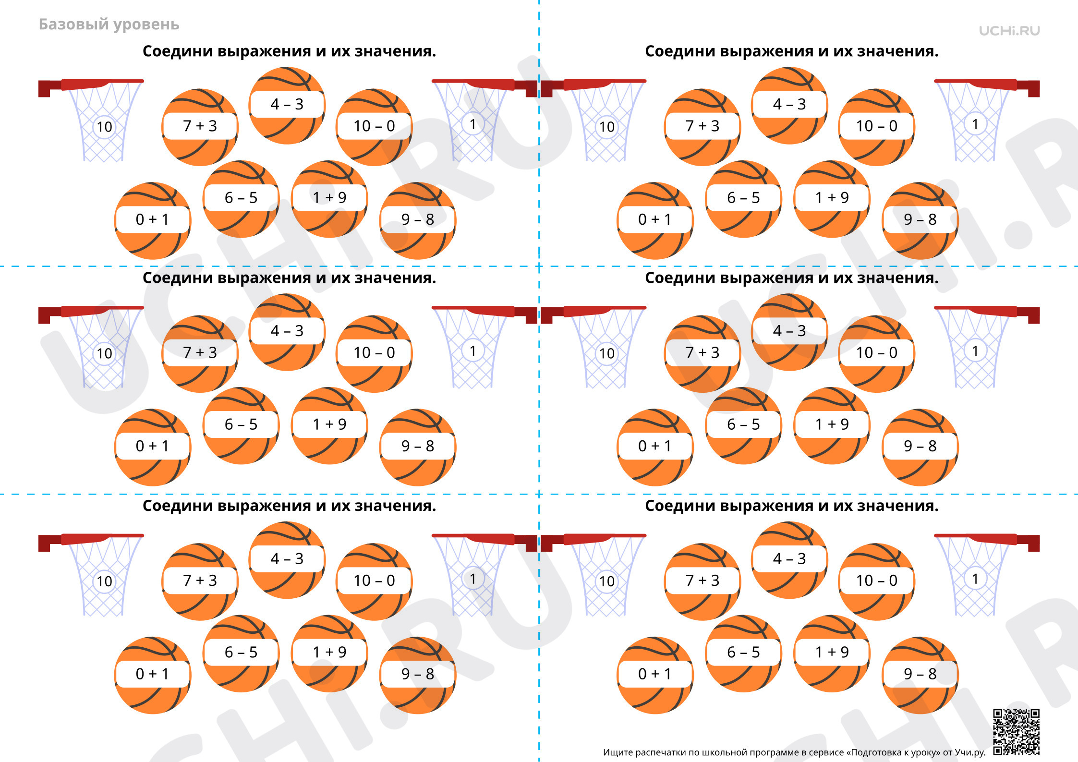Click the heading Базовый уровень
[x=109, y=24]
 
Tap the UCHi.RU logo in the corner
[x=1009, y=31]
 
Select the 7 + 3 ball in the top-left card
[x=200, y=127]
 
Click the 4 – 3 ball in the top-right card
[x=789, y=105]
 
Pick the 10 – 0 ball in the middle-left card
[x=374, y=354]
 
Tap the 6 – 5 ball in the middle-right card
[x=743, y=425]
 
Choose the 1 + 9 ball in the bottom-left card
[x=329, y=653]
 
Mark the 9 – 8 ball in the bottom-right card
[x=920, y=675]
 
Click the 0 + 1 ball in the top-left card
[x=153, y=220]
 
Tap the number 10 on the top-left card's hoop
[x=104, y=127]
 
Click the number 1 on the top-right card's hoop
[x=975, y=124]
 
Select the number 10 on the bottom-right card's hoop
[x=606, y=581]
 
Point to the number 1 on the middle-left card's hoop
[x=473, y=351]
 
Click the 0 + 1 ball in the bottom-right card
[x=655, y=675]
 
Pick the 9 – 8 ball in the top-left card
[x=418, y=220]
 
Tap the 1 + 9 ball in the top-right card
[x=832, y=198]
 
